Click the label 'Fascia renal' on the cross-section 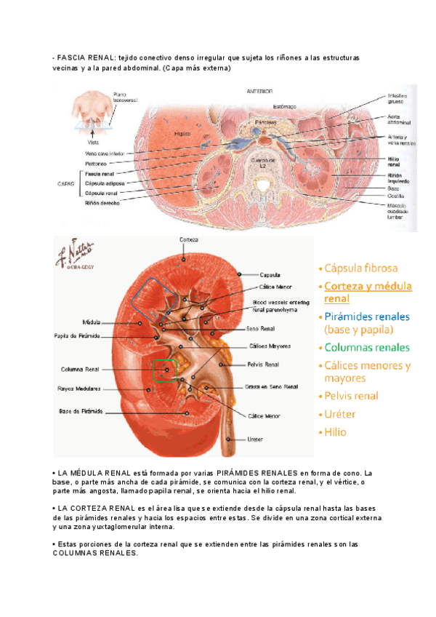(99, 175)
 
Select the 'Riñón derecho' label (102, 203)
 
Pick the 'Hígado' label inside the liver (182, 135)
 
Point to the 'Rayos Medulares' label (80, 389)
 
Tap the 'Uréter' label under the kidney (255, 439)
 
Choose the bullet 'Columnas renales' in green (367, 348)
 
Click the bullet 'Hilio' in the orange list (335, 431)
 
